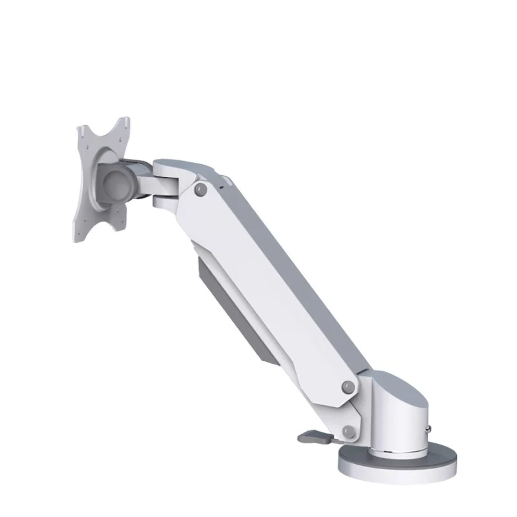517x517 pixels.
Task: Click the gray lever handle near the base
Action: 313,438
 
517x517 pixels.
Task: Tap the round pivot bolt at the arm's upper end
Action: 201,189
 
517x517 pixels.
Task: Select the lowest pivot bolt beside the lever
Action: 349,431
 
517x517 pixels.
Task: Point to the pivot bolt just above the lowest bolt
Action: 348,387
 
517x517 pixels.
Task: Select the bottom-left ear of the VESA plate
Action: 79,233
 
